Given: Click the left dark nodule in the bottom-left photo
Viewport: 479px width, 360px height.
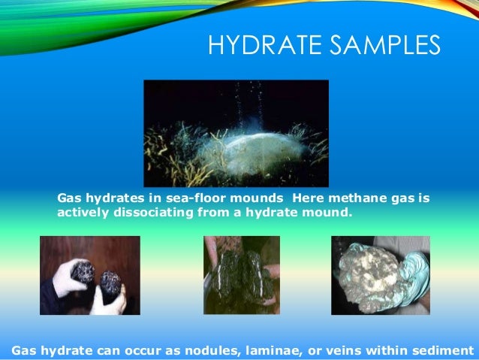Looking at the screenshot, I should coord(82,272).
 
